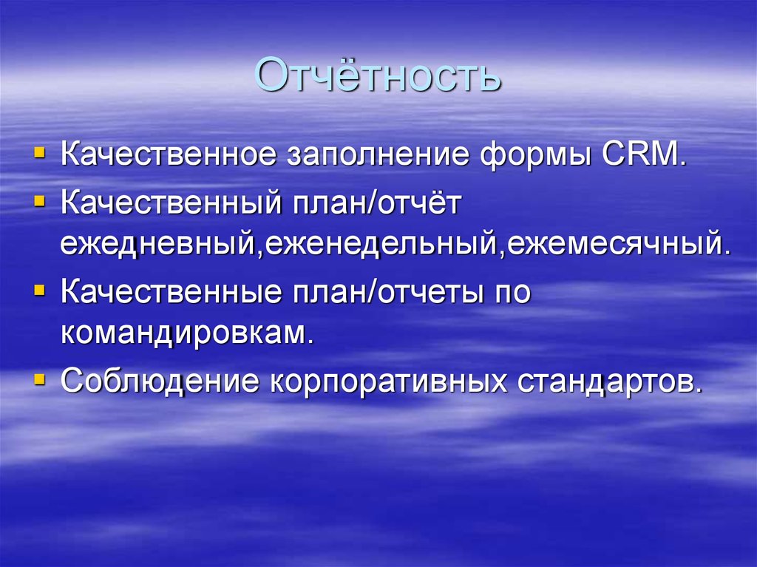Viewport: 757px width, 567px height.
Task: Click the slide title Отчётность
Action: coord(377,76)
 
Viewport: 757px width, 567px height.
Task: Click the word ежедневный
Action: coord(157,243)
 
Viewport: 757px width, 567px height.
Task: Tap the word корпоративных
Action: coord(387,381)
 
